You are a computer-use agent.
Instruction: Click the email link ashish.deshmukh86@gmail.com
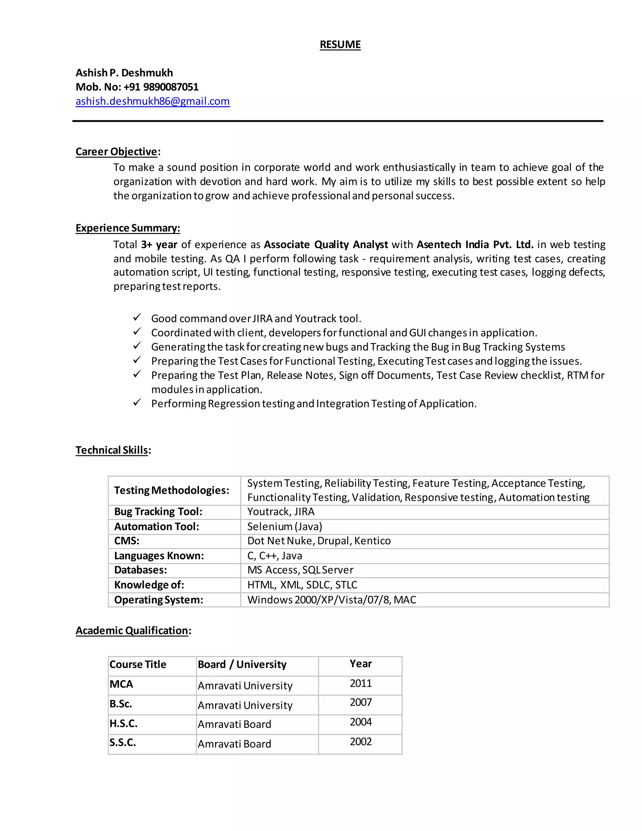[x=153, y=101]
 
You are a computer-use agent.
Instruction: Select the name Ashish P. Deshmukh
[x=124, y=73]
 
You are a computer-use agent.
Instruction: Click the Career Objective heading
[x=116, y=151]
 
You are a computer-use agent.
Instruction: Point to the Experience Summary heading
[x=128, y=228]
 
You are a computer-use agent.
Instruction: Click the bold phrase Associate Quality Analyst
[x=326, y=244]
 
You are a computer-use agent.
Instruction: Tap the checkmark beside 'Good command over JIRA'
[x=137, y=317]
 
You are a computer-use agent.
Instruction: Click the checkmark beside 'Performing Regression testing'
[x=137, y=403]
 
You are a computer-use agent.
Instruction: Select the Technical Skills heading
[x=112, y=450]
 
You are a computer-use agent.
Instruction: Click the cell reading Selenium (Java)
[x=285, y=527]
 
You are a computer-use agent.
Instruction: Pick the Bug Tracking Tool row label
[x=158, y=512]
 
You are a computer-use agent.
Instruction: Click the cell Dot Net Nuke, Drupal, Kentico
[x=319, y=541]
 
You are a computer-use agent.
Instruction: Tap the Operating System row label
[x=159, y=600]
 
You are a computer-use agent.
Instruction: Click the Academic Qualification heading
[x=132, y=631]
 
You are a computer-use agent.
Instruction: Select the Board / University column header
[x=242, y=664]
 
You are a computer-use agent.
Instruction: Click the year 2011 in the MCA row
[x=360, y=683]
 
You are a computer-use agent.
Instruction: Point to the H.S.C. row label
[x=123, y=723]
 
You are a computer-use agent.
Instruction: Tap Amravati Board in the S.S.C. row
[x=234, y=744]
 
